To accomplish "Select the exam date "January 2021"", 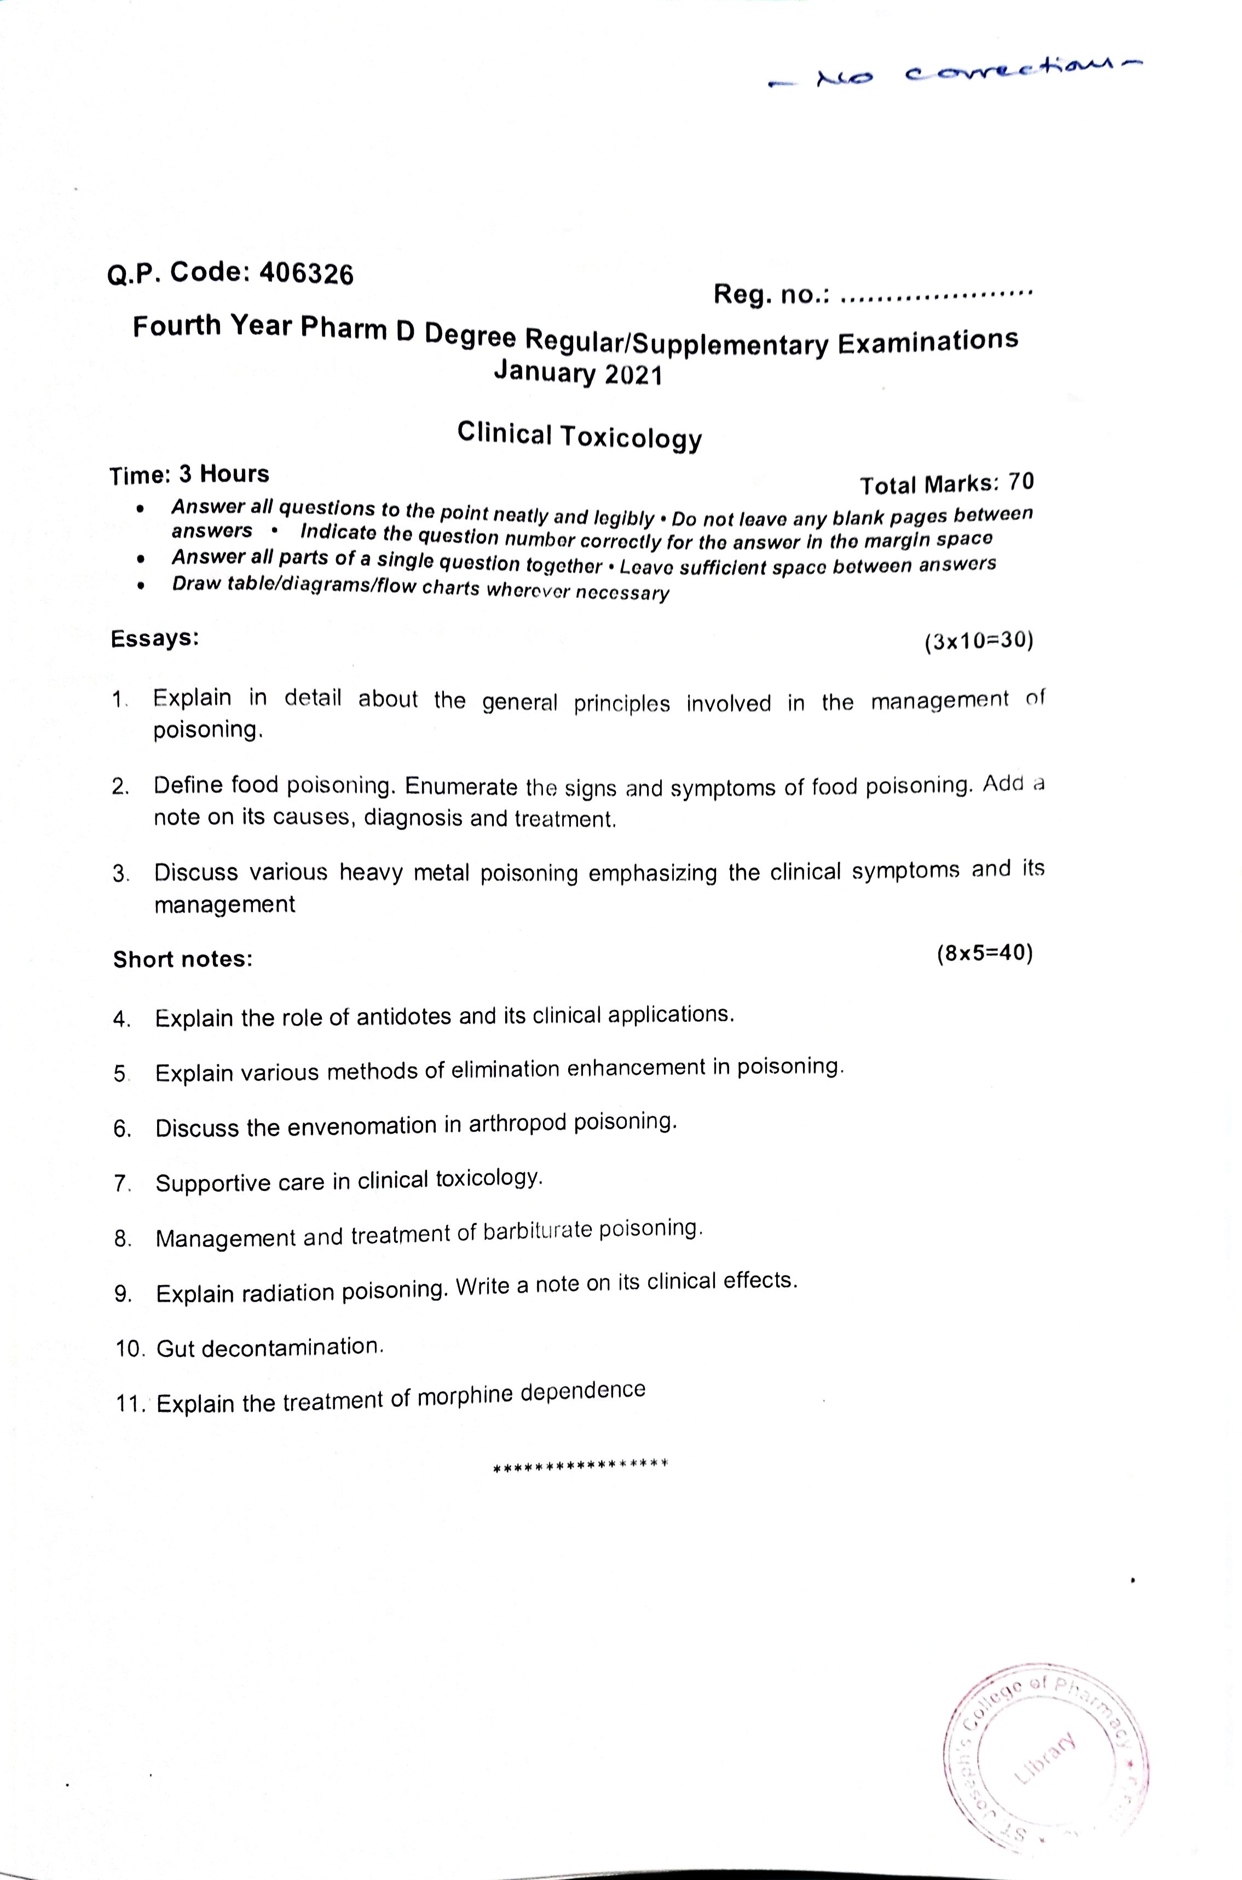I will point(577,372).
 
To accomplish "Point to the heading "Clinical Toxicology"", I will point(579,436).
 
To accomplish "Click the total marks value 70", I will point(1021,482).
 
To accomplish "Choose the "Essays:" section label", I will point(154,638).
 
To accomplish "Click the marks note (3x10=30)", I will point(978,640).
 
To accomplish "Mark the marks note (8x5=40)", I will point(985,953).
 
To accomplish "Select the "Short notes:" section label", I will point(183,959).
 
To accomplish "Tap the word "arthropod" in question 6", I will point(517,1124).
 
